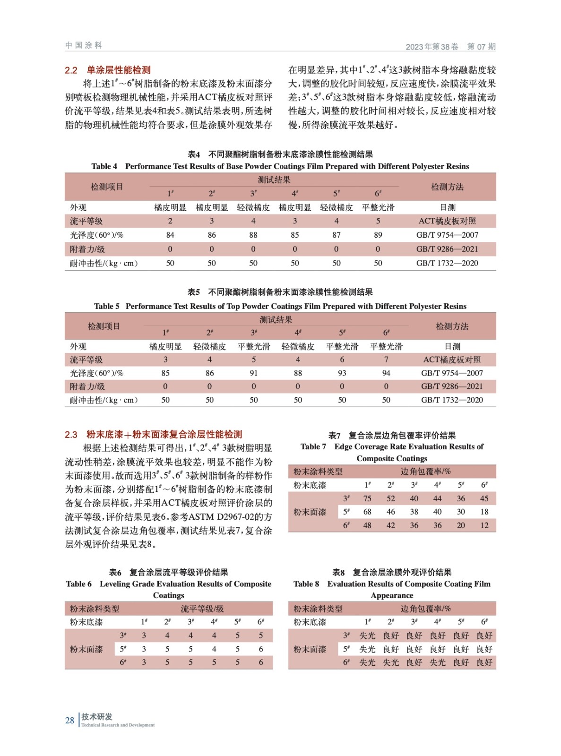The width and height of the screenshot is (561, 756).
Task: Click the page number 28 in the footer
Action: pyautogui.click(x=69, y=721)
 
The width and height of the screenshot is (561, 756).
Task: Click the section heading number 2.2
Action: pyautogui.click(x=71, y=70)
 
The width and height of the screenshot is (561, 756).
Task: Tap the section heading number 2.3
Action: pyautogui.click(x=71, y=435)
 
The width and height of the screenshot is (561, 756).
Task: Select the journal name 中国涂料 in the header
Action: pyautogui.click(x=84, y=45)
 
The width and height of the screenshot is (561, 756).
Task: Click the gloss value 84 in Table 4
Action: pyautogui.click(x=170, y=235)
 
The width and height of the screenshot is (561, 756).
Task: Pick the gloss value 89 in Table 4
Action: pyautogui.click(x=378, y=235)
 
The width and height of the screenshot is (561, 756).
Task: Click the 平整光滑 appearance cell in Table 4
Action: pyautogui.click(x=378, y=207)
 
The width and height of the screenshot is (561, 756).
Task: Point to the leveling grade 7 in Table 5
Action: pyautogui.click(x=386, y=360)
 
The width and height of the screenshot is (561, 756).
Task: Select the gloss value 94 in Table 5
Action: pyautogui.click(x=386, y=373)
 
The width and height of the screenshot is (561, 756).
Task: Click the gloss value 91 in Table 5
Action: pyautogui.click(x=254, y=373)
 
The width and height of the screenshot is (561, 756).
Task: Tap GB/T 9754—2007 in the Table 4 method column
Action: pyautogui.click(x=447, y=235)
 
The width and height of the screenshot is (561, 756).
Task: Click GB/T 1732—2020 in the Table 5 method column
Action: pyautogui.click(x=452, y=400)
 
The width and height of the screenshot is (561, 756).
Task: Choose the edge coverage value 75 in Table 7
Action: pyautogui.click(x=367, y=498)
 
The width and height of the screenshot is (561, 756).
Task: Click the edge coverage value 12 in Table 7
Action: pyautogui.click(x=484, y=525)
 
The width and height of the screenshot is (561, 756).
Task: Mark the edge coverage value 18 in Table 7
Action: pyautogui.click(x=484, y=512)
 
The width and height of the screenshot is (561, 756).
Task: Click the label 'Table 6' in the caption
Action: pyautogui.click(x=79, y=584)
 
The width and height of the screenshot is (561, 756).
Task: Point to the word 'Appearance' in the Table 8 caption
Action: pyautogui.click(x=392, y=595)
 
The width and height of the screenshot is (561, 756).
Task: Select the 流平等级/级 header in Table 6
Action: pyautogui.click(x=202, y=609)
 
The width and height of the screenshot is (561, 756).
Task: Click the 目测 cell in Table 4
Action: pyautogui.click(x=447, y=207)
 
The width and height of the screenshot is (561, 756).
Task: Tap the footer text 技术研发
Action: pyautogui.click(x=97, y=717)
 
